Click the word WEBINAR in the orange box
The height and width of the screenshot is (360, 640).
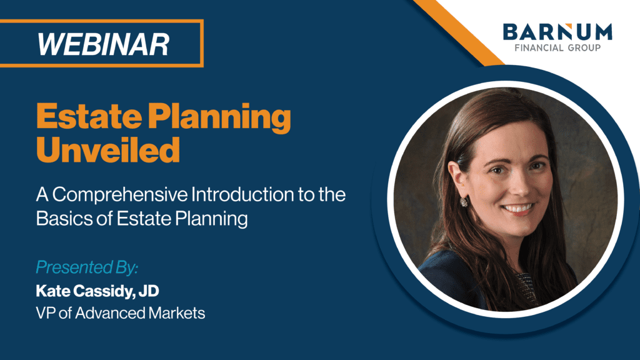(103, 44)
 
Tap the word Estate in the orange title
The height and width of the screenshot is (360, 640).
(89, 117)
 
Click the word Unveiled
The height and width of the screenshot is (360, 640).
(108, 150)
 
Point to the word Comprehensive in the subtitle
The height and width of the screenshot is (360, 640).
(121, 196)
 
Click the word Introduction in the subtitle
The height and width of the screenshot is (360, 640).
(242, 194)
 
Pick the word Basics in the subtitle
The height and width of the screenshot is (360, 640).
(64, 218)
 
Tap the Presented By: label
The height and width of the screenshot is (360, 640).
(87, 267)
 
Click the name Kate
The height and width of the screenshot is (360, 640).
(52, 291)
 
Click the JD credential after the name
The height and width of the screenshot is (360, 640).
(149, 291)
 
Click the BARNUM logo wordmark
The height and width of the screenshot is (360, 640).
(557, 32)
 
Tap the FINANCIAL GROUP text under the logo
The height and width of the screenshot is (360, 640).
(557, 47)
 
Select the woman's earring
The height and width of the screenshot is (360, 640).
(464, 201)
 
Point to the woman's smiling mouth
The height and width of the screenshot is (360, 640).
(518, 209)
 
